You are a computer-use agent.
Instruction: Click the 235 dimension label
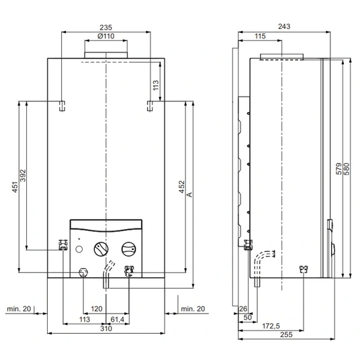(106, 28)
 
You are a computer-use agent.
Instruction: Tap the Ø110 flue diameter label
(106, 36)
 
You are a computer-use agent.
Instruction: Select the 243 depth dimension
(284, 26)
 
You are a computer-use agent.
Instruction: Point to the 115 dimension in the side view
(260, 36)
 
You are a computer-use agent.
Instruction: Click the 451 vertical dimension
(15, 187)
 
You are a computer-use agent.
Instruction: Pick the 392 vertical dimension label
(24, 176)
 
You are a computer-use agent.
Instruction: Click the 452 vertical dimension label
(181, 187)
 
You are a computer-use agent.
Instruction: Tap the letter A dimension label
(189, 195)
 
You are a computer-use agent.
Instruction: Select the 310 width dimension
(106, 328)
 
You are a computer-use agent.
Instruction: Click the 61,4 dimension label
(118, 319)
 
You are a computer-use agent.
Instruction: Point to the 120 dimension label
(97, 309)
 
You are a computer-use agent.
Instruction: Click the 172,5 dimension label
(271, 326)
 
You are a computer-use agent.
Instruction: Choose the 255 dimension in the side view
(286, 334)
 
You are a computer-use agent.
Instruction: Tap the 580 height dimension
(347, 169)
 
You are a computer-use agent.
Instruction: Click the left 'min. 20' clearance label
(19, 309)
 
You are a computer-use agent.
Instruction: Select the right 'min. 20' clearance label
(193, 309)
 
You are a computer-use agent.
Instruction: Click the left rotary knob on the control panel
(101, 249)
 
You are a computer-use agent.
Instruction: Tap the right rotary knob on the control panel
(128, 249)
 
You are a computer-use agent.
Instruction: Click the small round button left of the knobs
(79, 249)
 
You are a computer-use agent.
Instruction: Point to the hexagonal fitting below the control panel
(83, 273)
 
